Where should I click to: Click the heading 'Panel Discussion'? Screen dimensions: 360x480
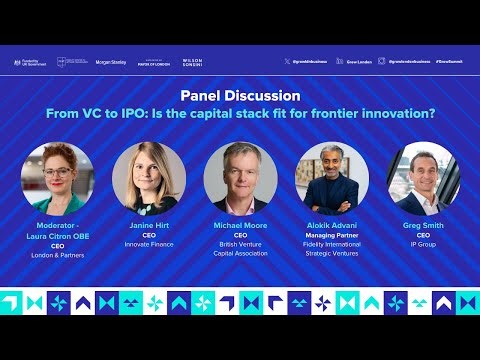(x=240, y=96)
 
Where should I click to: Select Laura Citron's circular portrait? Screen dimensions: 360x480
(x=57, y=178)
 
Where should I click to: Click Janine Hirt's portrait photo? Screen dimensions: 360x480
(x=148, y=178)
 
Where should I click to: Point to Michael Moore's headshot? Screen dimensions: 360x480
(x=240, y=178)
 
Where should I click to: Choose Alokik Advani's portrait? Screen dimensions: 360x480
(x=332, y=178)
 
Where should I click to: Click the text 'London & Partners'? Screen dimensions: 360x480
(x=57, y=254)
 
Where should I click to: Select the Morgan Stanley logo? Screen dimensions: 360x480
(x=110, y=62)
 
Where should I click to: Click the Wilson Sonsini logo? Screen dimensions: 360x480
(x=192, y=62)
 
